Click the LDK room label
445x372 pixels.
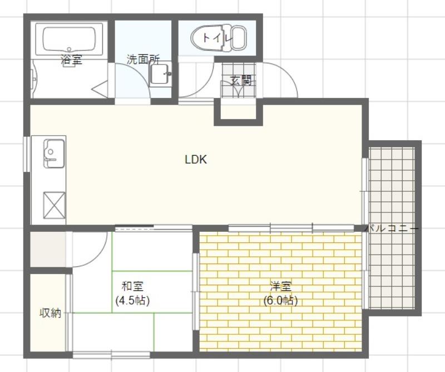196,160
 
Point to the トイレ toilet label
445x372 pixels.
216,38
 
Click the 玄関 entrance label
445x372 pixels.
241,81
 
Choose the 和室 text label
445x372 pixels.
132,287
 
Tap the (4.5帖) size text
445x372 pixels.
132,301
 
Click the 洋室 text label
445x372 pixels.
281,287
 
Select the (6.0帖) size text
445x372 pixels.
281,301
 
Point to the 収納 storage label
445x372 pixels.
50,313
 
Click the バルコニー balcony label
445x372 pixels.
392,229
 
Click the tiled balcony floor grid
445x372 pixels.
392,267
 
